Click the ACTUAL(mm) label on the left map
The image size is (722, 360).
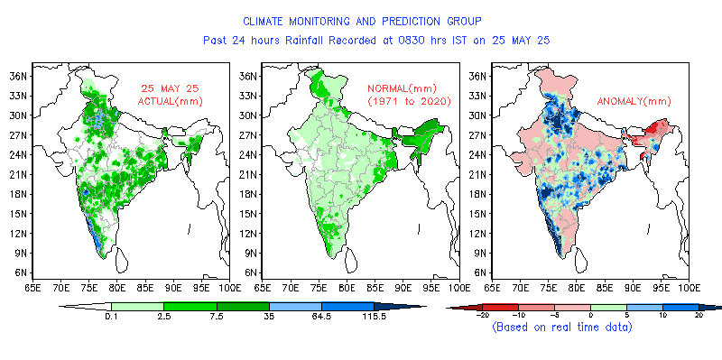pyautogui.click(x=170, y=101)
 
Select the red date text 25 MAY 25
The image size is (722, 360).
pyautogui.click(x=170, y=88)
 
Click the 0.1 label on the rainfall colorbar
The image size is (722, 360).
pyautogui.click(x=111, y=317)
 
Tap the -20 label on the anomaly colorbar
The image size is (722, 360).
pyautogui.click(x=482, y=315)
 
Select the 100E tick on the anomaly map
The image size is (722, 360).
pyautogui.click(x=688, y=288)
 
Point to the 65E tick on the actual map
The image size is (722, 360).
pyautogui.click(x=32, y=288)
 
